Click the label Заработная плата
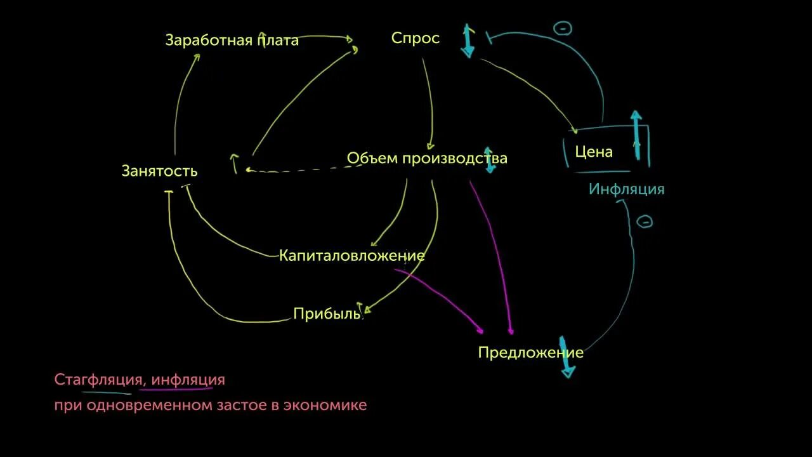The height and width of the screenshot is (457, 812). pos(232,41)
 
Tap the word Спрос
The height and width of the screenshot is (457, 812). pos(415,38)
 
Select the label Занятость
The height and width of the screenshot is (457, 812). pos(159,171)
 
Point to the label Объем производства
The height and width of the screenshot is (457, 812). pos(426,158)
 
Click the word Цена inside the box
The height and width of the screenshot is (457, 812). pos(593,152)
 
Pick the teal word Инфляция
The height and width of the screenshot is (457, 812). pos(626,189)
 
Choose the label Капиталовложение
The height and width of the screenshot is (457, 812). pos(351,256)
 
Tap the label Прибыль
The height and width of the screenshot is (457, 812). pos(327,314)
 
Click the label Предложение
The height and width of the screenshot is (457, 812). pos(530,353)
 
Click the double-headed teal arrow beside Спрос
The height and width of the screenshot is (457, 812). pos(468,41)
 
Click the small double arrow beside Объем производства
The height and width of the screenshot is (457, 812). pos(490,159)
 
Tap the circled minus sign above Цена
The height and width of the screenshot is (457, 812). pos(562,28)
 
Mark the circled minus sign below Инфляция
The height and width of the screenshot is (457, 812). pos(644,222)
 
